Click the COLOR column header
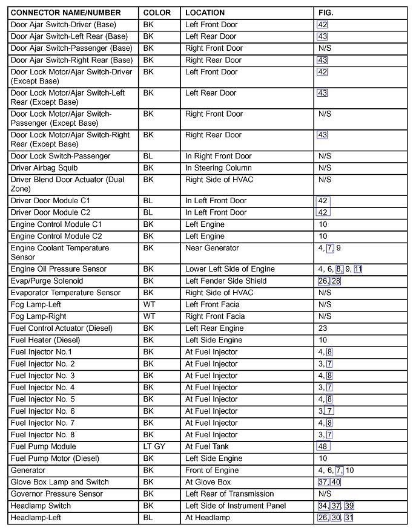click(157, 13)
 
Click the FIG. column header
click(326, 13)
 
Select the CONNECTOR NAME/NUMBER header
click(65, 13)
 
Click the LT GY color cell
click(154, 447)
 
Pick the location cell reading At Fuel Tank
click(207, 447)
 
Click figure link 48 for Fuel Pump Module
click(323, 447)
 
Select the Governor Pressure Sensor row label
click(57, 494)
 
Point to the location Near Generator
click(212, 248)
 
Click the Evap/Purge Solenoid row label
click(47, 281)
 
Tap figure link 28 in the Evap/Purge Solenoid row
click(335, 281)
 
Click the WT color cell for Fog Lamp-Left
click(149, 305)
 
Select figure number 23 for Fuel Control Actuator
click(323, 328)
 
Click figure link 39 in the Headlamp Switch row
click(349, 506)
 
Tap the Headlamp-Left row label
click(36, 518)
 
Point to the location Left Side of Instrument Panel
click(236, 506)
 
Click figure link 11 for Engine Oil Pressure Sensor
click(358, 269)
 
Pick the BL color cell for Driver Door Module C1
click(148, 201)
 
